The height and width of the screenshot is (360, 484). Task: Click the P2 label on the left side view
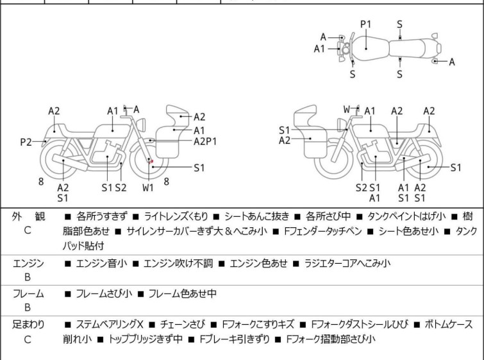[x=26, y=142]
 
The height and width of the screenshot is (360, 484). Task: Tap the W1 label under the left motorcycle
[x=148, y=187]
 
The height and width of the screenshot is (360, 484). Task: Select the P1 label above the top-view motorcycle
[x=365, y=24]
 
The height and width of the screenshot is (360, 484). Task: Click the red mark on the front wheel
[x=151, y=162]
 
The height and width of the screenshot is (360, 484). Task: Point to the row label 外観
[x=28, y=216]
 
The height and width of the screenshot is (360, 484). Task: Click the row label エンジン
[x=28, y=263]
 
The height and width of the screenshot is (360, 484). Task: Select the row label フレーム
[x=28, y=294]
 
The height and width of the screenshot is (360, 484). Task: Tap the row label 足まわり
[x=28, y=325]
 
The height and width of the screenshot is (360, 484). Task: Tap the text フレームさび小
[x=104, y=294]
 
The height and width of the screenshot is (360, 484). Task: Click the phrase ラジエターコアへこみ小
[x=348, y=263]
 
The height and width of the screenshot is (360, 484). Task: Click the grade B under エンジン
[x=28, y=277]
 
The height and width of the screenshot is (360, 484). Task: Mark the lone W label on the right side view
[x=347, y=110]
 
